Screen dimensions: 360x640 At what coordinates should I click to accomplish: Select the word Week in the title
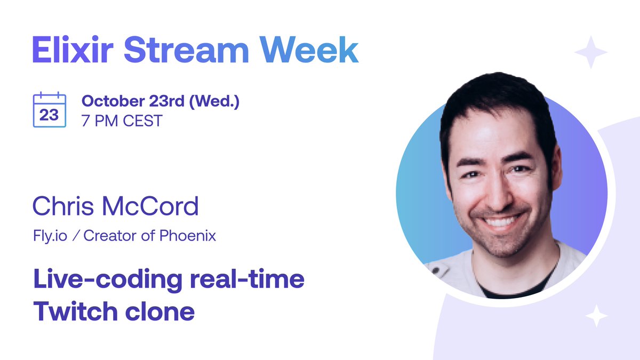311,51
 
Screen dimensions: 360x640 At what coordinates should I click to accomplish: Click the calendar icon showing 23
50,110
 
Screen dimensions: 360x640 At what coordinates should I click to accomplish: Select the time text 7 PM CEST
122,121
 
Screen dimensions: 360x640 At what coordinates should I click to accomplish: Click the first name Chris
63,206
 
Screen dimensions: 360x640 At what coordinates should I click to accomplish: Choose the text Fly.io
50,236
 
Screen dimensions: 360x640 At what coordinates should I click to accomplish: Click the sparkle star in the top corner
590,52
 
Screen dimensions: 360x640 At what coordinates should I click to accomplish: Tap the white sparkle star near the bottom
596,316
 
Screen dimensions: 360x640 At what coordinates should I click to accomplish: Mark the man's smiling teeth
499,220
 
